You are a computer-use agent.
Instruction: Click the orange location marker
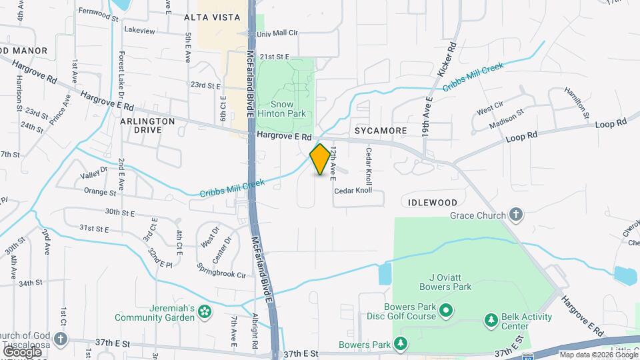[321, 160]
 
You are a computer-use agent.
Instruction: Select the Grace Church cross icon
[515, 215]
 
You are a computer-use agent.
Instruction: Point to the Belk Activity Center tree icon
[491, 321]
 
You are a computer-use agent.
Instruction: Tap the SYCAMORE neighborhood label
[381, 131]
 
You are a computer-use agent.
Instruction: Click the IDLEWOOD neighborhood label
[430, 202]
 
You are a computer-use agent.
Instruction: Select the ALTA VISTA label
[211, 18]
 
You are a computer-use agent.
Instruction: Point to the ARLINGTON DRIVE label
[147, 125]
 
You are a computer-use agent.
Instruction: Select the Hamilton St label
[577, 102]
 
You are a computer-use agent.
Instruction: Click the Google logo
[22, 351]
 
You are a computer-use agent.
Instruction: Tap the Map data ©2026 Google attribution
[597, 355]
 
